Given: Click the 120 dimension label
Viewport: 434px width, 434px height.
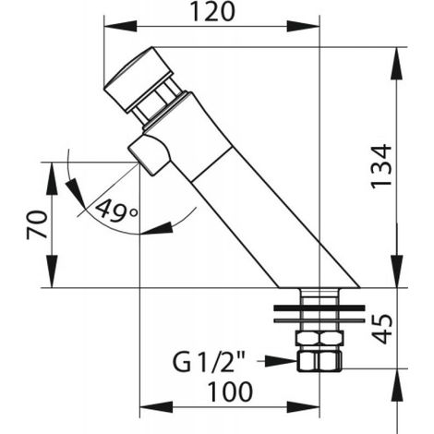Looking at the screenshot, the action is coord(212,12).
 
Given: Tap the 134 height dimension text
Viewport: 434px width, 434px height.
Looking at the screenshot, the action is coord(381,165).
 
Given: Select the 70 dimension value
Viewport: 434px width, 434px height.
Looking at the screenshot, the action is coord(37,224).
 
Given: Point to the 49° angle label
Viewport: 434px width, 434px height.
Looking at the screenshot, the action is coord(116,211).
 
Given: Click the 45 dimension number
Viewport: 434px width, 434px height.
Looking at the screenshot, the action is coord(381,329).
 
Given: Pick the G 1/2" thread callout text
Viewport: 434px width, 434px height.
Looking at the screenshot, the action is coord(209,362).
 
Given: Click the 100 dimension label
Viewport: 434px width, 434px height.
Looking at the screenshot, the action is coord(230,392).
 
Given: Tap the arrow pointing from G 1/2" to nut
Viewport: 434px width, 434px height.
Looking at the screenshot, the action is coord(276,361).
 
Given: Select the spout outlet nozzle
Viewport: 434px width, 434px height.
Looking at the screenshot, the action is coord(150,155).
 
